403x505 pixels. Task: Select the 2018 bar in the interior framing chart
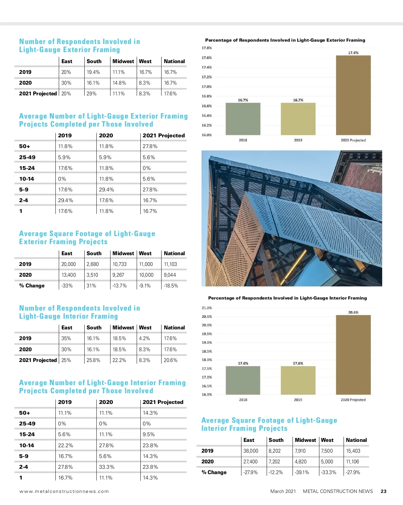point(243,380)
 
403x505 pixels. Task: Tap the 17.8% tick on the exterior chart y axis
point(207,48)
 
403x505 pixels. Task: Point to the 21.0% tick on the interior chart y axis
point(207,308)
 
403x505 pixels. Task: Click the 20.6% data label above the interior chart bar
point(353,312)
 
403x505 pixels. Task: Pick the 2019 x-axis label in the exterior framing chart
point(298,140)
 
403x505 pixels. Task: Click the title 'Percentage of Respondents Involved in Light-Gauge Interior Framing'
point(287,298)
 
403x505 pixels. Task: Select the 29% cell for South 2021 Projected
point(91,94)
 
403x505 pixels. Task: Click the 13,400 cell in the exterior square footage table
point(69,275)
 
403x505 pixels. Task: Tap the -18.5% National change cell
point(171,286)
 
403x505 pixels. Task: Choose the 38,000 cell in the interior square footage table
point(251,451)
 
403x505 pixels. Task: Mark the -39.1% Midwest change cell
point(302,472)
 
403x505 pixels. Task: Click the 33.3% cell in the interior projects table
point(106,467)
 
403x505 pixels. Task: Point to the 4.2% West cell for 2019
point(144,338)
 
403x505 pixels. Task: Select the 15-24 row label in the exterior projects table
point(27,168)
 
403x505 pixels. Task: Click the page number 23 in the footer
point(384,491)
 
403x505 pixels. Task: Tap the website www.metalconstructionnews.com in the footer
point(64,491)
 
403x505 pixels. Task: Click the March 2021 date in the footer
point(283,491)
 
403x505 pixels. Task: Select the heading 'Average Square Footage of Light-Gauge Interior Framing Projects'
point(269,424)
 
